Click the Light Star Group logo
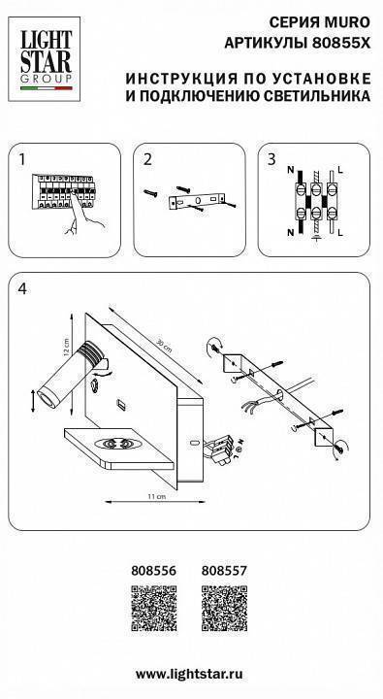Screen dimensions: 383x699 [x=44, y=59]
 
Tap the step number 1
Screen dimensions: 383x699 [x=22, y=159]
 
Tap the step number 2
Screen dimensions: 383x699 [x=147, y=159]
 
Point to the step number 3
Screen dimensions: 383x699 [x=271, y=159]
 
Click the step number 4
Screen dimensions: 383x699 [x=22, y=289]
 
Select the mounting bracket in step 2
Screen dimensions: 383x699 [x=197, y=201]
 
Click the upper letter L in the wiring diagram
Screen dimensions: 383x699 [x=341, y=171]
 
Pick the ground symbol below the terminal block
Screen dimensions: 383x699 [x=317, y=239]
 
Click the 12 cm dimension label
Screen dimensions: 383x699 [x=66, y=347]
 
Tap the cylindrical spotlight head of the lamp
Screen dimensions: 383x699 [x=71, y=371]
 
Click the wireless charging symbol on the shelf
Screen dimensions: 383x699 [x=116, y=444]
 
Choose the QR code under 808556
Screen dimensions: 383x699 [x=153, y=608]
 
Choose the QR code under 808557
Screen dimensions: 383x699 [x=224, y=608]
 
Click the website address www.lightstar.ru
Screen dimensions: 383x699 [x=189, y=674]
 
